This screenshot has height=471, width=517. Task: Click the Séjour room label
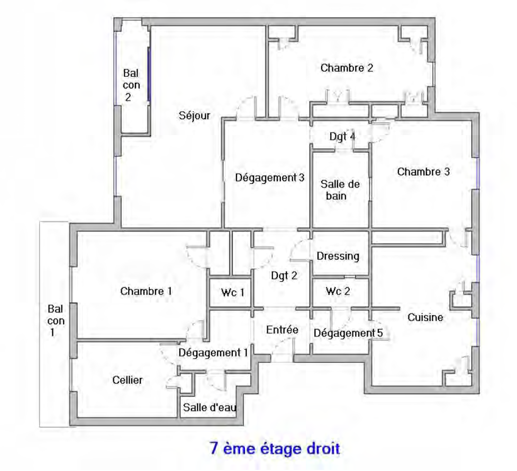coord(195,116)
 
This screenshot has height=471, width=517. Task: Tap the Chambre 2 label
coord(347,68)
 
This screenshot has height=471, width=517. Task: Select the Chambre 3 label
coord(423,172)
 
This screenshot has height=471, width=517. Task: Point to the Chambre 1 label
coord(146,291)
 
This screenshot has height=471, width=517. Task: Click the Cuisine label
coord(425,317)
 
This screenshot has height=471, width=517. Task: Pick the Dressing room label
coord(338,256)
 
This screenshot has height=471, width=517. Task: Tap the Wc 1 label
coord(233,292)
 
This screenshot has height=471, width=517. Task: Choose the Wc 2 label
coord(338,291)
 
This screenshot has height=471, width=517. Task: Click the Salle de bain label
coord(340,190)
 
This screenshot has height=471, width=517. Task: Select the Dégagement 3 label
coord(270,178)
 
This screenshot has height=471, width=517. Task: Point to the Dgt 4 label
coord(342,137)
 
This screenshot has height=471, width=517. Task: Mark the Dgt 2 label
coord(284,276)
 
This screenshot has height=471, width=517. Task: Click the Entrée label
coord(282,330)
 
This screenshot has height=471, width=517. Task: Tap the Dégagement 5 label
coord(348,333)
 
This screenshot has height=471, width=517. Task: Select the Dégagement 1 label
coord(213,353)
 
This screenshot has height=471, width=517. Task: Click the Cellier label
coord(128,380)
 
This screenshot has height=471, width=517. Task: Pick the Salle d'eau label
coord(210,407)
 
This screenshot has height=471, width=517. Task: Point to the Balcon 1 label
coord(56,321)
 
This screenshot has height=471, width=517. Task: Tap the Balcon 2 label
coord(131,85)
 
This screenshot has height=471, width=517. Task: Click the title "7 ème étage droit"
coord(275,449)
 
